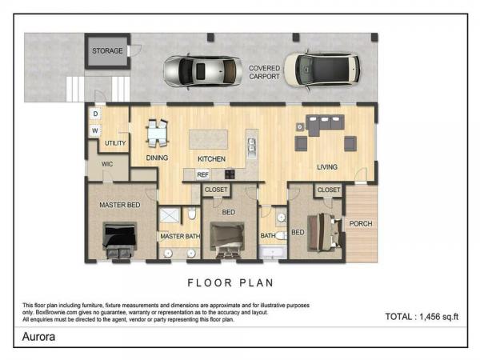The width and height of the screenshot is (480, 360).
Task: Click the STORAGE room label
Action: [x=107, y=51]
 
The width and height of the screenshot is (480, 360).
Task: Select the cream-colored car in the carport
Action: [x=322, y=70]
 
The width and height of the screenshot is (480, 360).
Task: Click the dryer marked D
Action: [x=95, y=114]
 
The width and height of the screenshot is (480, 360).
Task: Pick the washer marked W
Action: [x=95, y=130]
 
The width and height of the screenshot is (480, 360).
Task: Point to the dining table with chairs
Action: [x=158, y=133]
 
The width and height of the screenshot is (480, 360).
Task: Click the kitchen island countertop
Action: [x=209, y=139]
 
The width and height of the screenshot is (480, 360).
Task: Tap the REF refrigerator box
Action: [x=202, y=174]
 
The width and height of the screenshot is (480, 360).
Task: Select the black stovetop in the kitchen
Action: [x=230, y=174]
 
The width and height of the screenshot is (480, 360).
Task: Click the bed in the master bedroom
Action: [x=120, y=240]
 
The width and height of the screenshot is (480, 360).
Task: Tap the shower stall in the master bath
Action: [x=170, y=215]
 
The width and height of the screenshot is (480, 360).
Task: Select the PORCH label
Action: [x=361, y=224]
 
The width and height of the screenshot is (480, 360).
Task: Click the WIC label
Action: [x=107, y=164]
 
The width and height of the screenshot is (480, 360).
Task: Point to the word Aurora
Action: [x=39, y=337]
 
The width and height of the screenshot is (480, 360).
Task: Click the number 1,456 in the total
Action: [x=432, y=317]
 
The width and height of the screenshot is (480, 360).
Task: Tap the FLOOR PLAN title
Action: [x=230, y=283]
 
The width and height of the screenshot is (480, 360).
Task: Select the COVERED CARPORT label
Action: [x=265, y=72]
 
